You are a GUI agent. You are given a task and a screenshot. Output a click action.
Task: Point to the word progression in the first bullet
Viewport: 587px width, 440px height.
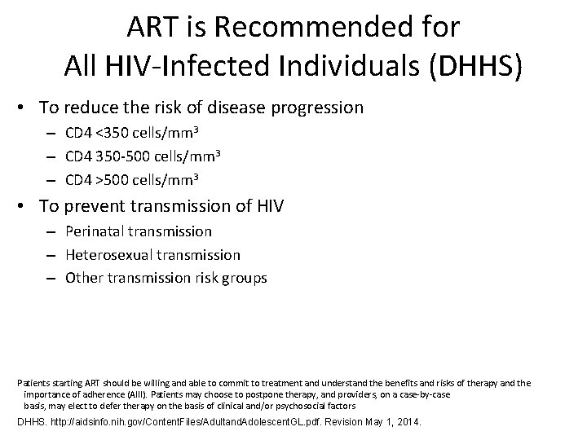[320, 108]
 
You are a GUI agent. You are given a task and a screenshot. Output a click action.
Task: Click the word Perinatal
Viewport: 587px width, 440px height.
[92, 232]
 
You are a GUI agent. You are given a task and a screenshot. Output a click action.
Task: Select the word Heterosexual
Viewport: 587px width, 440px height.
[104, 255]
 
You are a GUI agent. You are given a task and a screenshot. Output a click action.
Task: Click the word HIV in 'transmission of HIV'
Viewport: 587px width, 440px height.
[267, 207]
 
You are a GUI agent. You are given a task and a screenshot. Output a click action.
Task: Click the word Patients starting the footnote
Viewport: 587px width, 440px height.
[33, 382]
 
